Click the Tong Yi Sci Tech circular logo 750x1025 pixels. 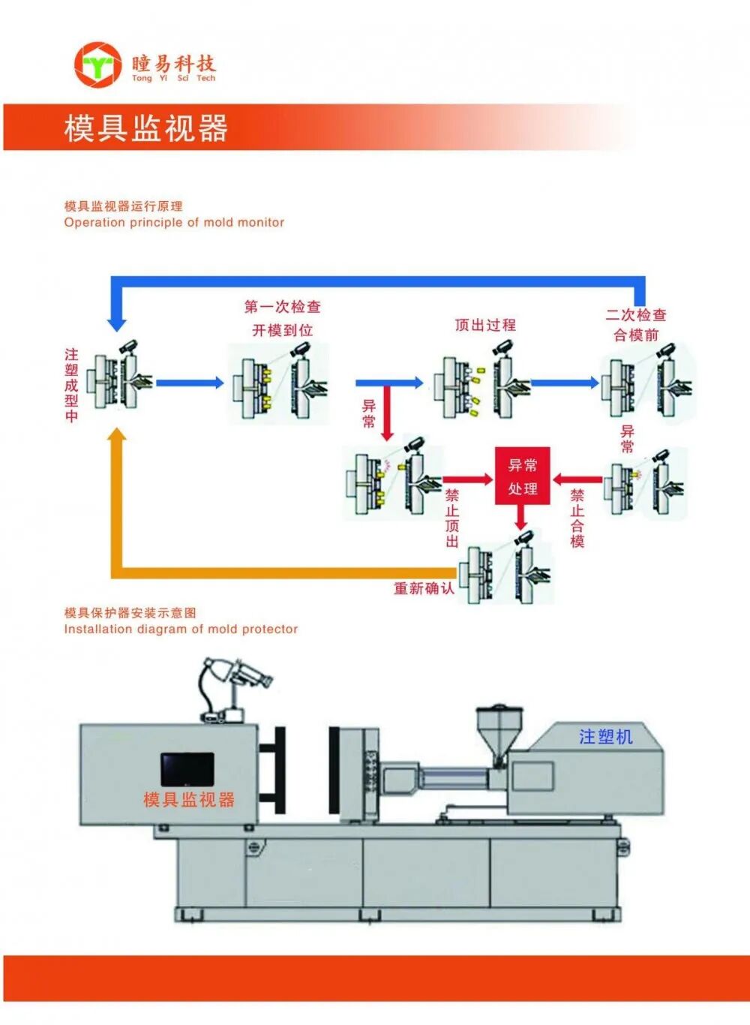coord(97,65)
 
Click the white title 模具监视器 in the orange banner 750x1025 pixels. coord(145,128)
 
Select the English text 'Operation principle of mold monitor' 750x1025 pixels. coord(174,223)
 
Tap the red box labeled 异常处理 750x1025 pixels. coord(522,476)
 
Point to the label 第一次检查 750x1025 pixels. coord(283,307)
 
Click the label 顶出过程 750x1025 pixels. coord(485,325)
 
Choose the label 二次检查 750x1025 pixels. coord(636,315)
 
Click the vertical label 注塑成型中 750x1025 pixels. coord(71,385)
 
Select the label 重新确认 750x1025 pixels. coord(424,588)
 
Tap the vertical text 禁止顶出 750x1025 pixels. coord(451,518)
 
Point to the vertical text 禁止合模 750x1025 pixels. coord(577,518)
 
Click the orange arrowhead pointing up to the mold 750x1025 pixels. coord(117,436)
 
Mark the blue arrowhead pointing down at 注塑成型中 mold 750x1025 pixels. coord(117,323)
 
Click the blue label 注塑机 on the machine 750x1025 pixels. coord(605,737)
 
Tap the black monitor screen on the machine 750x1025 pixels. coord(187,769)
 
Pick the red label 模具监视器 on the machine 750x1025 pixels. coord(189,800)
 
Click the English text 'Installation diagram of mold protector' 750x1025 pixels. coord(181,630)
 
